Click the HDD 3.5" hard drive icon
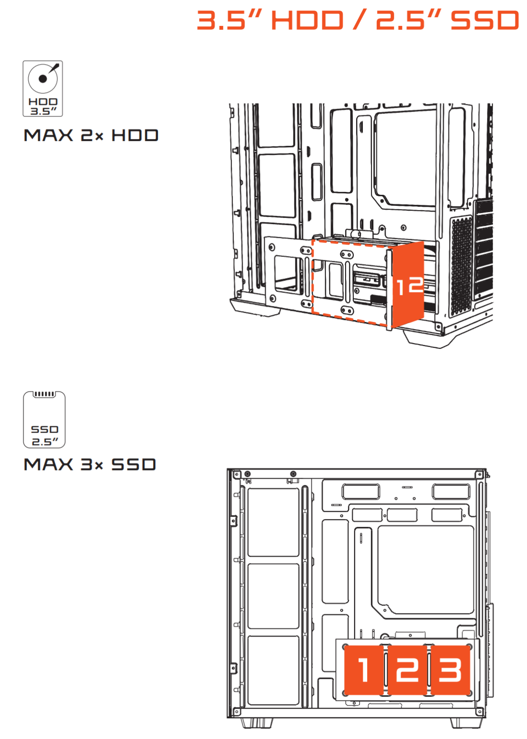tap(42, 89)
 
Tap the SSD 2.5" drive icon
tap(44, 420)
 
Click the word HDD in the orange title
tap(307, 20)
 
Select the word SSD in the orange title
tap(485, 20)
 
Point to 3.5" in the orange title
tap(230, 20)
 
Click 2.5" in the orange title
tap(409, 20)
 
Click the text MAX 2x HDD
tap(91, 135)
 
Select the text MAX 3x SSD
tap(90, 464)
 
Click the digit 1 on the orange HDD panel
tap(400, 287)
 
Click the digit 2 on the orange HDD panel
tap(415, 284)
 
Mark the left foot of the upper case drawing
tap(255, 307)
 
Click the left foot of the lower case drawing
tap(257, 723)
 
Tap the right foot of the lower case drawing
tap(462, 723)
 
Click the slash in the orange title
tap(360, 20)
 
